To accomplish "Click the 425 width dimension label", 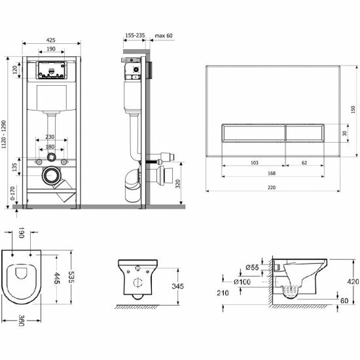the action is tap(51, 40).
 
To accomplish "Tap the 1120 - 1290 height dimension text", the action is tap(4, 135).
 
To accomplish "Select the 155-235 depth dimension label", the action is tap(135, 35).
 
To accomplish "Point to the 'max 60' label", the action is tap(164, 35).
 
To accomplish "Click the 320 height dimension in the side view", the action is tap(178, 184).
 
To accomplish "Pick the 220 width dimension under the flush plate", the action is tap(272, 188).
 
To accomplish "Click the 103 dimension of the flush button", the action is tap(255, 163).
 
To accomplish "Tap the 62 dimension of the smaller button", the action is tap(304, 163).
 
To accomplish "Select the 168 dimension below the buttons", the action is tap(272, 173).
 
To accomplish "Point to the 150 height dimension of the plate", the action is tap(353, 109).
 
